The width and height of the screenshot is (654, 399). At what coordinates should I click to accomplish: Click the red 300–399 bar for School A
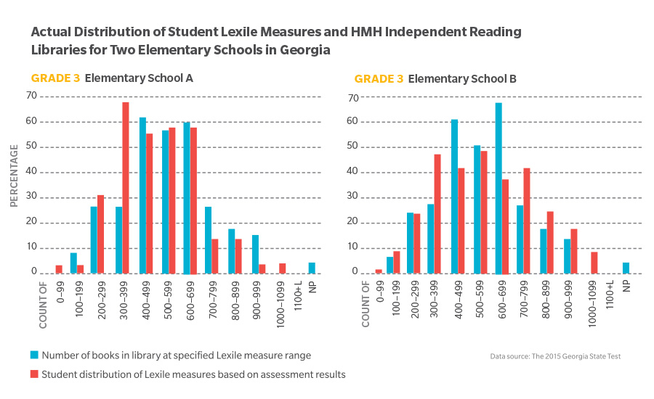(126, 188)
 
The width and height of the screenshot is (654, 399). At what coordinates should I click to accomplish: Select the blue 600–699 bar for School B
(498, 188)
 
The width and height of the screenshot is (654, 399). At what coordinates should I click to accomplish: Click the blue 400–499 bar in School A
(143, 195)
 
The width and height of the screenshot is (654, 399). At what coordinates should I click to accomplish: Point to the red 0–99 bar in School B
(379, 271)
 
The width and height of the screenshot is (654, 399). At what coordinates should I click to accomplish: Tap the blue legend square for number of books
(34, 355)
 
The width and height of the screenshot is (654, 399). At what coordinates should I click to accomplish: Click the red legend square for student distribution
(34, 374)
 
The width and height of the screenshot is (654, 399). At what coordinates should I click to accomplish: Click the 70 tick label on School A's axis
(32, 95)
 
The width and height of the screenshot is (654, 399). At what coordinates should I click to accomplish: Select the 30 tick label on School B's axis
(353, 198)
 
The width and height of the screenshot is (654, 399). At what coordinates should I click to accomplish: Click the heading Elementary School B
(462, 78)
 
